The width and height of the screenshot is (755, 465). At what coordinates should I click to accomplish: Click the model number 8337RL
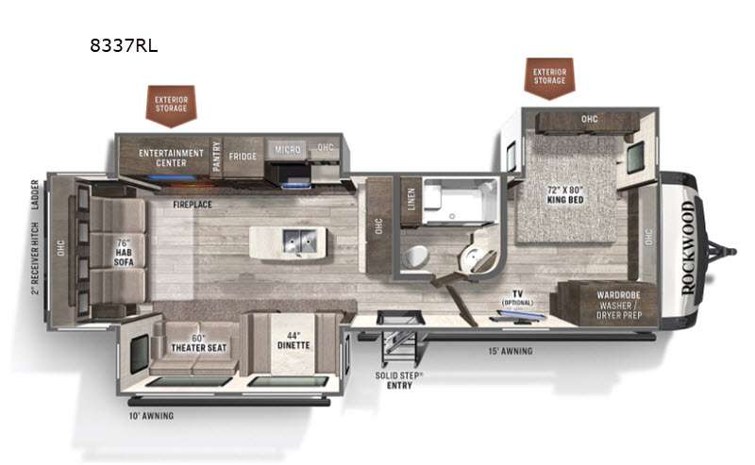pos(124,45)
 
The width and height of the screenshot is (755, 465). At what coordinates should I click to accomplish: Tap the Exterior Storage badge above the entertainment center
pos(171,106)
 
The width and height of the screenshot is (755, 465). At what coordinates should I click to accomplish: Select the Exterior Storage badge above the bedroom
pos(549,77)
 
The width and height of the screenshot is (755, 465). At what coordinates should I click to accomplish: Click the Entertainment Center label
pos(171,158)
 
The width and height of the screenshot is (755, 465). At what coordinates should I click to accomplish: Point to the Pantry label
pos(217,156)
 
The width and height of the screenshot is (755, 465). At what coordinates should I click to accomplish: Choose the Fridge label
pos(243,157)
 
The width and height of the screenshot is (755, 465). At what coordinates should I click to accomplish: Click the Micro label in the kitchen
pos(288,150)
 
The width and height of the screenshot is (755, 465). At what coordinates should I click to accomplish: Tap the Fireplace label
pos(193,205)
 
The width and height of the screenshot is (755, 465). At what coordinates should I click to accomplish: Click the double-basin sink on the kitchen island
pos(299,241)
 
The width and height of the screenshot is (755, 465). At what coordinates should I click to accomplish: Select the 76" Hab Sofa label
pos(124,253)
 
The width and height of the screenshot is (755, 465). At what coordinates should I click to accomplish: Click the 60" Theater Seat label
pos(198,343)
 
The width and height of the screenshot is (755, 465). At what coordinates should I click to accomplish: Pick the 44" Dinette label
pos(294,340)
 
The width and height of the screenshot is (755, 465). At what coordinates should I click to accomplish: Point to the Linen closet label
pos(411,199)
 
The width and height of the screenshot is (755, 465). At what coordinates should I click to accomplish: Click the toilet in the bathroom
pos(416,257)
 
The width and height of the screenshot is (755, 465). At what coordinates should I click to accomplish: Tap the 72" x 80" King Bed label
pos(565,194)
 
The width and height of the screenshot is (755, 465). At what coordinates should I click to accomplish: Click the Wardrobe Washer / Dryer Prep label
pos(619,306)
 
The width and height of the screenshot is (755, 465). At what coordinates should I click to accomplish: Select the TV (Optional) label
pos(517,297)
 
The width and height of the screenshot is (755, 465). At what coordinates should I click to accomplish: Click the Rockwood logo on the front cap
pos(688,247)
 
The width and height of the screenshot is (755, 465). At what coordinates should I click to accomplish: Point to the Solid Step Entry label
pos(399,380)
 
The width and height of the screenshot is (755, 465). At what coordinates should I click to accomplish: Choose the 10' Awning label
pos(151,415)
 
